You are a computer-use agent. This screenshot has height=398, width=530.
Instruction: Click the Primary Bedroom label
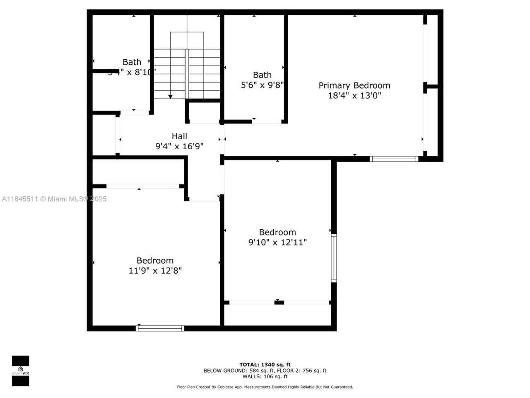[354, 85]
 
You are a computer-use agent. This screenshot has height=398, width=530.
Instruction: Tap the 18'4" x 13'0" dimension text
[354, 96]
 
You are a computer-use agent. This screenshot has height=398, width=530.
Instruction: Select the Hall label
[179, 136]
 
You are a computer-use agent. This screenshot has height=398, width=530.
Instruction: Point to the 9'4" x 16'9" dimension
[179, 146]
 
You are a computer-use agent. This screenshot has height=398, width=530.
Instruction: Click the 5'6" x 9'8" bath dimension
[262, 85]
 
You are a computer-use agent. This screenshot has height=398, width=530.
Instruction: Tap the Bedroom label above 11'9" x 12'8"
[155, 260]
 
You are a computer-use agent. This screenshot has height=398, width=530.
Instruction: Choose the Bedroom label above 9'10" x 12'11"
[277, 232]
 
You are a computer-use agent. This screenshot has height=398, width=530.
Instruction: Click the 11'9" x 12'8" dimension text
[155, 271]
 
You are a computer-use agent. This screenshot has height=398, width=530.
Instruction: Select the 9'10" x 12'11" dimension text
[277, 242]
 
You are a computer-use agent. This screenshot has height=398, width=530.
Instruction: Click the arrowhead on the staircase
[170, 97]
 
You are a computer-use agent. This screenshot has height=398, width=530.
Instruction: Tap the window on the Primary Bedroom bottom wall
[394, 159]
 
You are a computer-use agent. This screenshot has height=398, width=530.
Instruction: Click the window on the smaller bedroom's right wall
[334, 258]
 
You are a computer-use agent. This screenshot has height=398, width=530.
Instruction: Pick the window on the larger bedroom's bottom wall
[160, 328]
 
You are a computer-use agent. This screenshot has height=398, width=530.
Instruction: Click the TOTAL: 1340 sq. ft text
[265, 365]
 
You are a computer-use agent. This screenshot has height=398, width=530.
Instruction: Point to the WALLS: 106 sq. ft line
[265, 376]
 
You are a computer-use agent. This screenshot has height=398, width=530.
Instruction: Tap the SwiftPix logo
[20, 371]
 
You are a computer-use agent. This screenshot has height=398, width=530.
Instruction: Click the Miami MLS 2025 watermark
[54, 199]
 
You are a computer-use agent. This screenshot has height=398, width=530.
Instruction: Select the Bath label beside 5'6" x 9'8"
[262, 75]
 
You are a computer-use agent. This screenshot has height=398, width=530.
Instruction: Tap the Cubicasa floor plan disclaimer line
[265, 387]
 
